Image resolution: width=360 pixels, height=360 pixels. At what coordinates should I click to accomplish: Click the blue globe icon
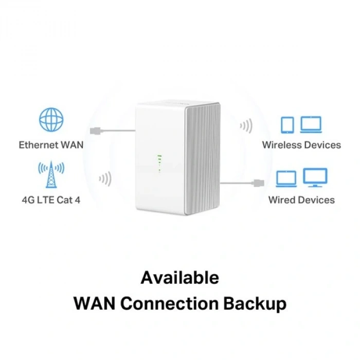pyautogui.click(x=51, y=119)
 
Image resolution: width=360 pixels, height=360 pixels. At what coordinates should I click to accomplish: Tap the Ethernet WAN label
pyautogui.click(x=51, y=145)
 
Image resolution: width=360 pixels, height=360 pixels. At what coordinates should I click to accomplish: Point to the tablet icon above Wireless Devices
pyautogui.click(x=287, y=124)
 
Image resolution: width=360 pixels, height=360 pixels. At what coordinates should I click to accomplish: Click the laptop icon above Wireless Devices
pyautogui.click(x=311, y=124)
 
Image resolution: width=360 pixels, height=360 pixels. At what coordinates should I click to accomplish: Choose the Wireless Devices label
pyautogui.click(x=301, y=145)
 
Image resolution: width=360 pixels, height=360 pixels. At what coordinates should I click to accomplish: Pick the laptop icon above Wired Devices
pyautogui.click(x=286, y=178)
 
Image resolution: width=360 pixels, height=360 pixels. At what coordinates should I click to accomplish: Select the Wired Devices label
pyautogui.click(x=301, y=200)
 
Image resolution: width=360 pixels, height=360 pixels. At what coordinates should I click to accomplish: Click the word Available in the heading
pyautogui.click(x=179, y=278)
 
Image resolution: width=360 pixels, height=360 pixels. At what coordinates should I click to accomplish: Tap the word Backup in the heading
pyautogui.click(x=255, y=303)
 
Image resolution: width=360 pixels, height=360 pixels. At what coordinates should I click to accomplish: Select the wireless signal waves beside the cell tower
pyautogui.click(x=105, y=178)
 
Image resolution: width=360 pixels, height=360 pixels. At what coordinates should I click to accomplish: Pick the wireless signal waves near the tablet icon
pyautogui.click(x=246, y=126)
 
